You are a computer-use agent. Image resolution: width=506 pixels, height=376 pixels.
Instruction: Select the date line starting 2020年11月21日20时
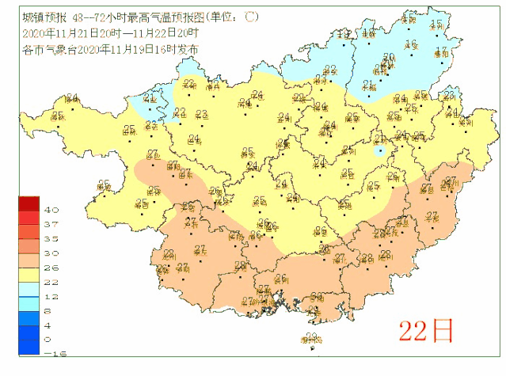pyautogui.click(x=110, y=32)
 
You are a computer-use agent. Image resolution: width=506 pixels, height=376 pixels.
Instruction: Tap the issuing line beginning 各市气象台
pyautogui.click(x=110, y=48)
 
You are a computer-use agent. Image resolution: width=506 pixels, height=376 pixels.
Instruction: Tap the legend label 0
pyautogui.click(x=49, y=338)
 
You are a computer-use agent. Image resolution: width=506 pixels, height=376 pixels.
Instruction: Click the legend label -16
pyautogui.click(x=51, y=352)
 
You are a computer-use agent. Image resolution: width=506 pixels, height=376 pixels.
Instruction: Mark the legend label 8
pyautogui.click(x=49, y=310)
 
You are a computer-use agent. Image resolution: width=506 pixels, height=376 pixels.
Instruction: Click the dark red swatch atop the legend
pyautogui.click(x=30, y=203)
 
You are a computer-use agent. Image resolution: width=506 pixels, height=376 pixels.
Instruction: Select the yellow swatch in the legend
pyautogui.click(x=30, y=274)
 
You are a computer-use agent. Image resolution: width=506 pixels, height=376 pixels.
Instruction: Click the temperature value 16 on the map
pyautogui.click(x=410, y=44)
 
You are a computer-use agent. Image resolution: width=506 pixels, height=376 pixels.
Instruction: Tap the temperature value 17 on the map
pyautogui.click(x=442, y=51)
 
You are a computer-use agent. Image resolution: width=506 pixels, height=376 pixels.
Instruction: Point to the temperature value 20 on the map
pyautogui.click(x=389, y=58)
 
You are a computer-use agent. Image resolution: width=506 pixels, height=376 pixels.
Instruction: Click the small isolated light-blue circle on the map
pyautogui.click(x=380, y=149)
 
